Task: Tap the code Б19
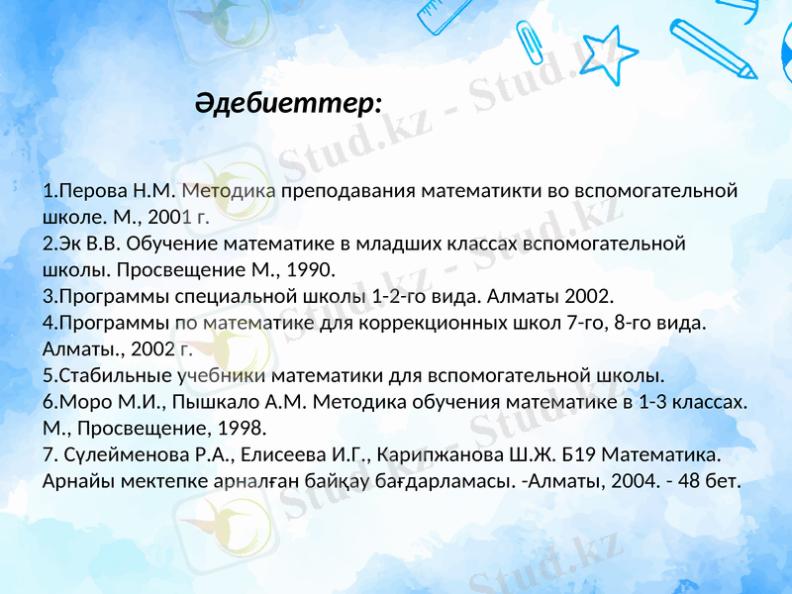pyautogui.click(x=579, y=456)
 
